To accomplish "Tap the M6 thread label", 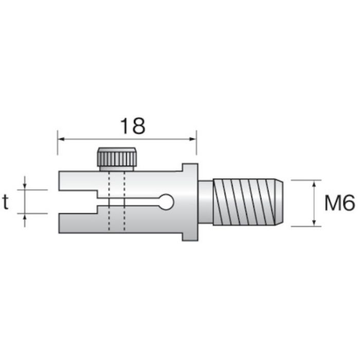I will tap(339, 204).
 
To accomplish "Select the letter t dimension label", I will tap(6, 202).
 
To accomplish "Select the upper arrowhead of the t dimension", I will tap(25, 186).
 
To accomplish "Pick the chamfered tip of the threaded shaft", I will tap(278, 202).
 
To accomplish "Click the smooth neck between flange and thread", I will tap(205, 202).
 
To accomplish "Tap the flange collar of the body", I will tap(190, 202).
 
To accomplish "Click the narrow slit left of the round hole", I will tap(134, 202).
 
